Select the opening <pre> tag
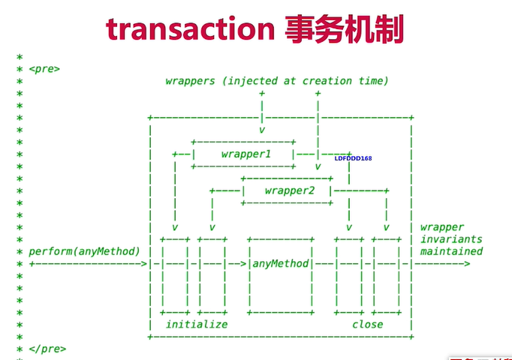tap(44, 69)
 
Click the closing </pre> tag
tap(47, 349)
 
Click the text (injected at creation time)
tap(303, 81)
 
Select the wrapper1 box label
tap(245, 154)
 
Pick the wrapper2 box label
tap(289, 190)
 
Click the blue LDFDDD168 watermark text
tap(353, 158)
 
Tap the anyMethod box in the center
tap(280, 264)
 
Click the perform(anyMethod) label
tap(85, 251)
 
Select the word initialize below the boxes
tap(197, 325)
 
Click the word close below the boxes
tap(367, 325)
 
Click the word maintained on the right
tap(451, 251)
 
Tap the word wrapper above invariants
tap(442, 227)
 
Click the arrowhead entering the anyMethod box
tap(245, 264)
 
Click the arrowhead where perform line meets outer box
tap(144, 264)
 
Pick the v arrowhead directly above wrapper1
tap(262, 130)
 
